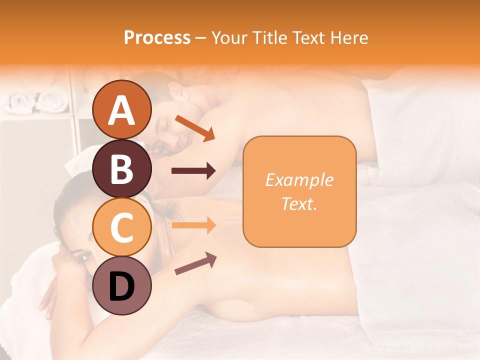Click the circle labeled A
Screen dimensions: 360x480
point(121,109)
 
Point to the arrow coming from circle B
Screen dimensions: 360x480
point(193,171)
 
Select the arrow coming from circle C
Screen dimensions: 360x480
point(193,225)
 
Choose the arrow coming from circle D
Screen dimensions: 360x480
point(195,263)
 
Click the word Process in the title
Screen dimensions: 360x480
point(157,37)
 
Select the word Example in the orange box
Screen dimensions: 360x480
point(299,180)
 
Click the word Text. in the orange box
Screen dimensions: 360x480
point(299,204)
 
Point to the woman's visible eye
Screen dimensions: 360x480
point(85,257)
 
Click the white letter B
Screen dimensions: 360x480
point(121,169)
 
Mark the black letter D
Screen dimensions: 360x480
point(121,286)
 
